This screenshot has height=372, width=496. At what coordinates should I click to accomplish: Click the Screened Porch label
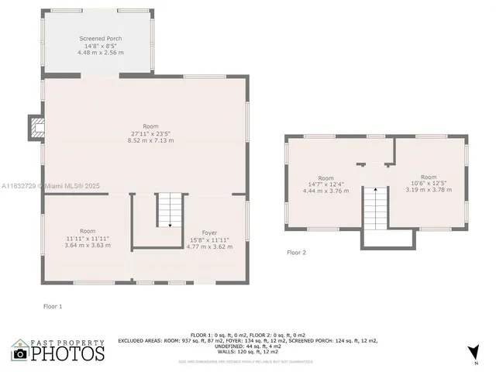pos(101,38)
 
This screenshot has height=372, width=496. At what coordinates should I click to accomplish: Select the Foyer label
pos(209,232)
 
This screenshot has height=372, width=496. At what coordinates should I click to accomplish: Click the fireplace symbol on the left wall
pos(36,127)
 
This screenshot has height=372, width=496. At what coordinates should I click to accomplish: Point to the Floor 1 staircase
pos(170,209)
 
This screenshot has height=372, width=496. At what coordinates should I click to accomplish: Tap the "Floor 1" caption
pos(52,306)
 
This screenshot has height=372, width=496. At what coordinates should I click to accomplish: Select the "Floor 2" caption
pos(296,253)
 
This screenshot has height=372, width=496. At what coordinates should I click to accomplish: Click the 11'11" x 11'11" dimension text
pos(87,238)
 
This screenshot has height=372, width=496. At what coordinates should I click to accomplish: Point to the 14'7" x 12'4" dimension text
pos(325,184)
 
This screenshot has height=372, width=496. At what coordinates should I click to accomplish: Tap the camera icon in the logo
pos(20,353)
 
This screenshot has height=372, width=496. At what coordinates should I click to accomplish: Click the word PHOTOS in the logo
pos(68,353)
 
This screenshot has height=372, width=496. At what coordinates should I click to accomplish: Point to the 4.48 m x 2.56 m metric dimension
pos(101,52)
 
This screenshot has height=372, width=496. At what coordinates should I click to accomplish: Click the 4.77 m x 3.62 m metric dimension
pos(209,246)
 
